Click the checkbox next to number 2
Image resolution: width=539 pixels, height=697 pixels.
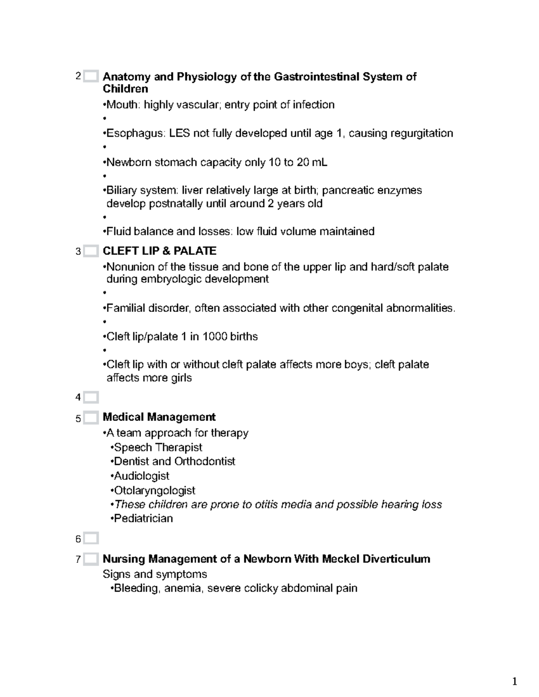coord(90,76)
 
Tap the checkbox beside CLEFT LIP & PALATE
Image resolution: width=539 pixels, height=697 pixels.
coord(90,251)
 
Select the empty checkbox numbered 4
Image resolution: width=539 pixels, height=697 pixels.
coord(90,397)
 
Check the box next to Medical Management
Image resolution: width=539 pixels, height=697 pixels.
coord(90,418)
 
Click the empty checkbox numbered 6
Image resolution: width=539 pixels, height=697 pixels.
coord(90,539)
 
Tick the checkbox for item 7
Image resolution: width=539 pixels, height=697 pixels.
coord(90,559)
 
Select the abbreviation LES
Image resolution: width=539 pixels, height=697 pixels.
coord(180,133)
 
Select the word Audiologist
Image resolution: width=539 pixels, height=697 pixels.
coord(141,476)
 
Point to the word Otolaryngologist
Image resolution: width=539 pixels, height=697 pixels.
coord(155,490)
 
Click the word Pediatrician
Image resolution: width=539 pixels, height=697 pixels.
coord(143,518)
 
